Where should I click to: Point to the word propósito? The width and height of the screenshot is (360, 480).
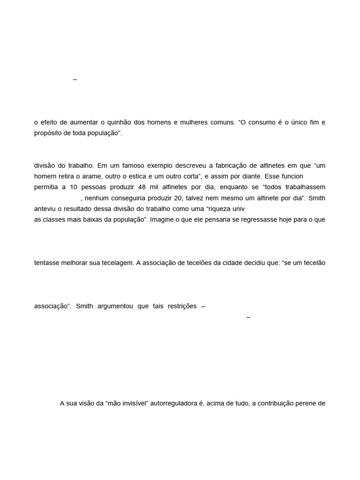point(48,133)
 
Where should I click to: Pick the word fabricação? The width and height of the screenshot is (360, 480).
point(238,165)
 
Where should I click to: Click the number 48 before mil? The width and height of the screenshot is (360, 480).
point(143,187)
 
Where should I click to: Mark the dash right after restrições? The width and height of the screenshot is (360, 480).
point(203,307)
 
